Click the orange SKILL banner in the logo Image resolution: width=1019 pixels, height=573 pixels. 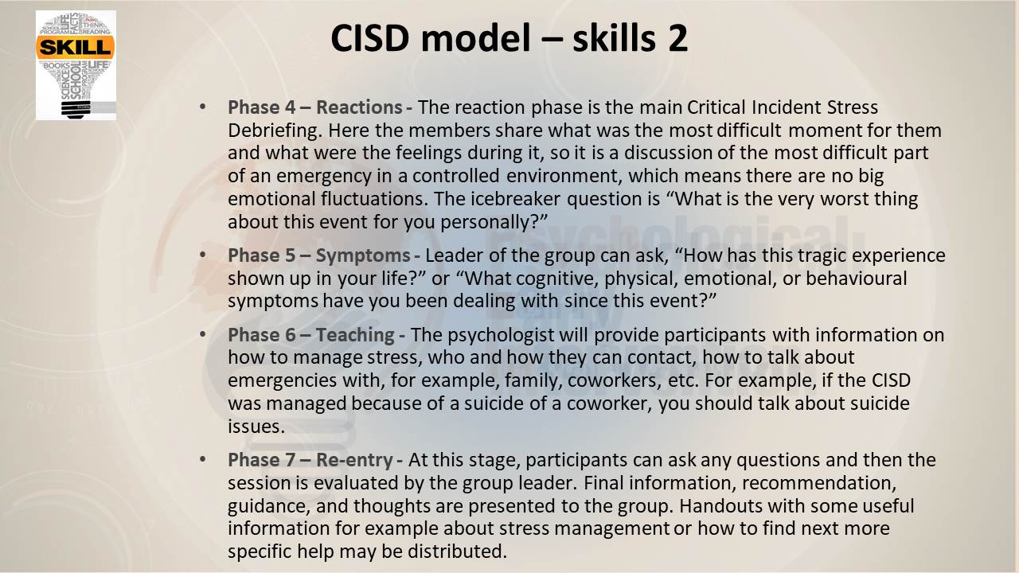pos(75,47)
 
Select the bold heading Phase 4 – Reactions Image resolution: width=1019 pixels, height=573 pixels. pos(314,107)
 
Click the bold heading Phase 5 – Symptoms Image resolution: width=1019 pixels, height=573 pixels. pos(319,255)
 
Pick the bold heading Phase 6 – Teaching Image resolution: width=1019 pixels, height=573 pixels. pos(311,335)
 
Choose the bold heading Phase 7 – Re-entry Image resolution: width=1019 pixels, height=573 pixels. pos(310,460)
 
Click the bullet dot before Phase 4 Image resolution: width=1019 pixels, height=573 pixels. pos(203,107)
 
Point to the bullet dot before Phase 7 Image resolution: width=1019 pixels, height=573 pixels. pos(203,459)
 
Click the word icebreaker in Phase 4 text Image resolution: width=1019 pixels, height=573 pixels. pos(515,199)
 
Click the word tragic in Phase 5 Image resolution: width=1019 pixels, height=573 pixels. pos(817,255)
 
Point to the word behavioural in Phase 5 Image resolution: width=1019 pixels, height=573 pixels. pos(856,279)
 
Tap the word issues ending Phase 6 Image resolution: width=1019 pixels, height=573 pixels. pos(256,427)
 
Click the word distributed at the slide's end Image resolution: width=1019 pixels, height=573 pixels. pos(457,552)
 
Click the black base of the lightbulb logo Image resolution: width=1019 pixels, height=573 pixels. pos(75,109)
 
